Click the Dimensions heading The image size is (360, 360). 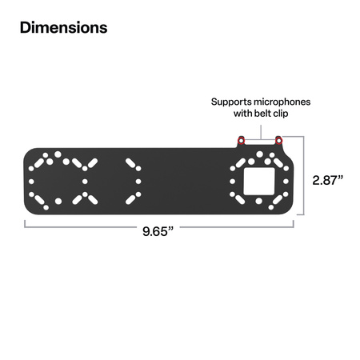pyautogui.click(x=63, y=28)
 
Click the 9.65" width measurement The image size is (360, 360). pyautogui.click(x=159, y=233)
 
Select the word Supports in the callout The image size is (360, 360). pyautogui.click(x=230, y=102)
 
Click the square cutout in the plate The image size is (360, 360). pyautogui.click(x=259, y=181)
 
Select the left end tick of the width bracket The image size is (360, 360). pyautogui.click(x=25, y=223)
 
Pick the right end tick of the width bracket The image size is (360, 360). pyautogui.click(x=294, y=223)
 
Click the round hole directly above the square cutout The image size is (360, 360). pyautogui.click(x=259, y=158)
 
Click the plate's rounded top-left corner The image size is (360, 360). pyautogui.click(x=30, y=153)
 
